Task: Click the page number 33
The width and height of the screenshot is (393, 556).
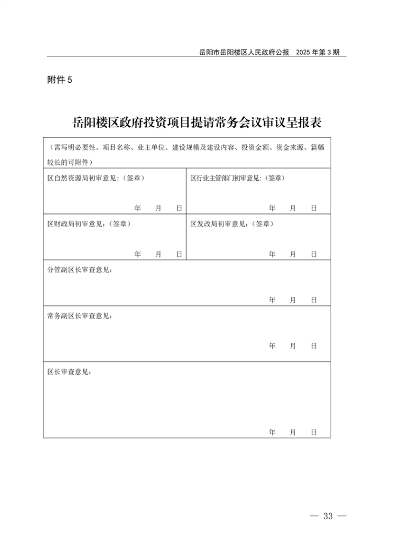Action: point(328,516)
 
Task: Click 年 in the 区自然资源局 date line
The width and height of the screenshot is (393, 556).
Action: point(138,209)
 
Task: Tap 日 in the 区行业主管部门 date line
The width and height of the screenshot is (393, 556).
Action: point(313,209)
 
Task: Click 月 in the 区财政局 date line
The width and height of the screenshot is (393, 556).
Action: point(158,254)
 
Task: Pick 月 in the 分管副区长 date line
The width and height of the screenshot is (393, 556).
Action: point(293,300)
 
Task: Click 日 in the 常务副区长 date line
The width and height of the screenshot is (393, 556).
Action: point(313,346)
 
